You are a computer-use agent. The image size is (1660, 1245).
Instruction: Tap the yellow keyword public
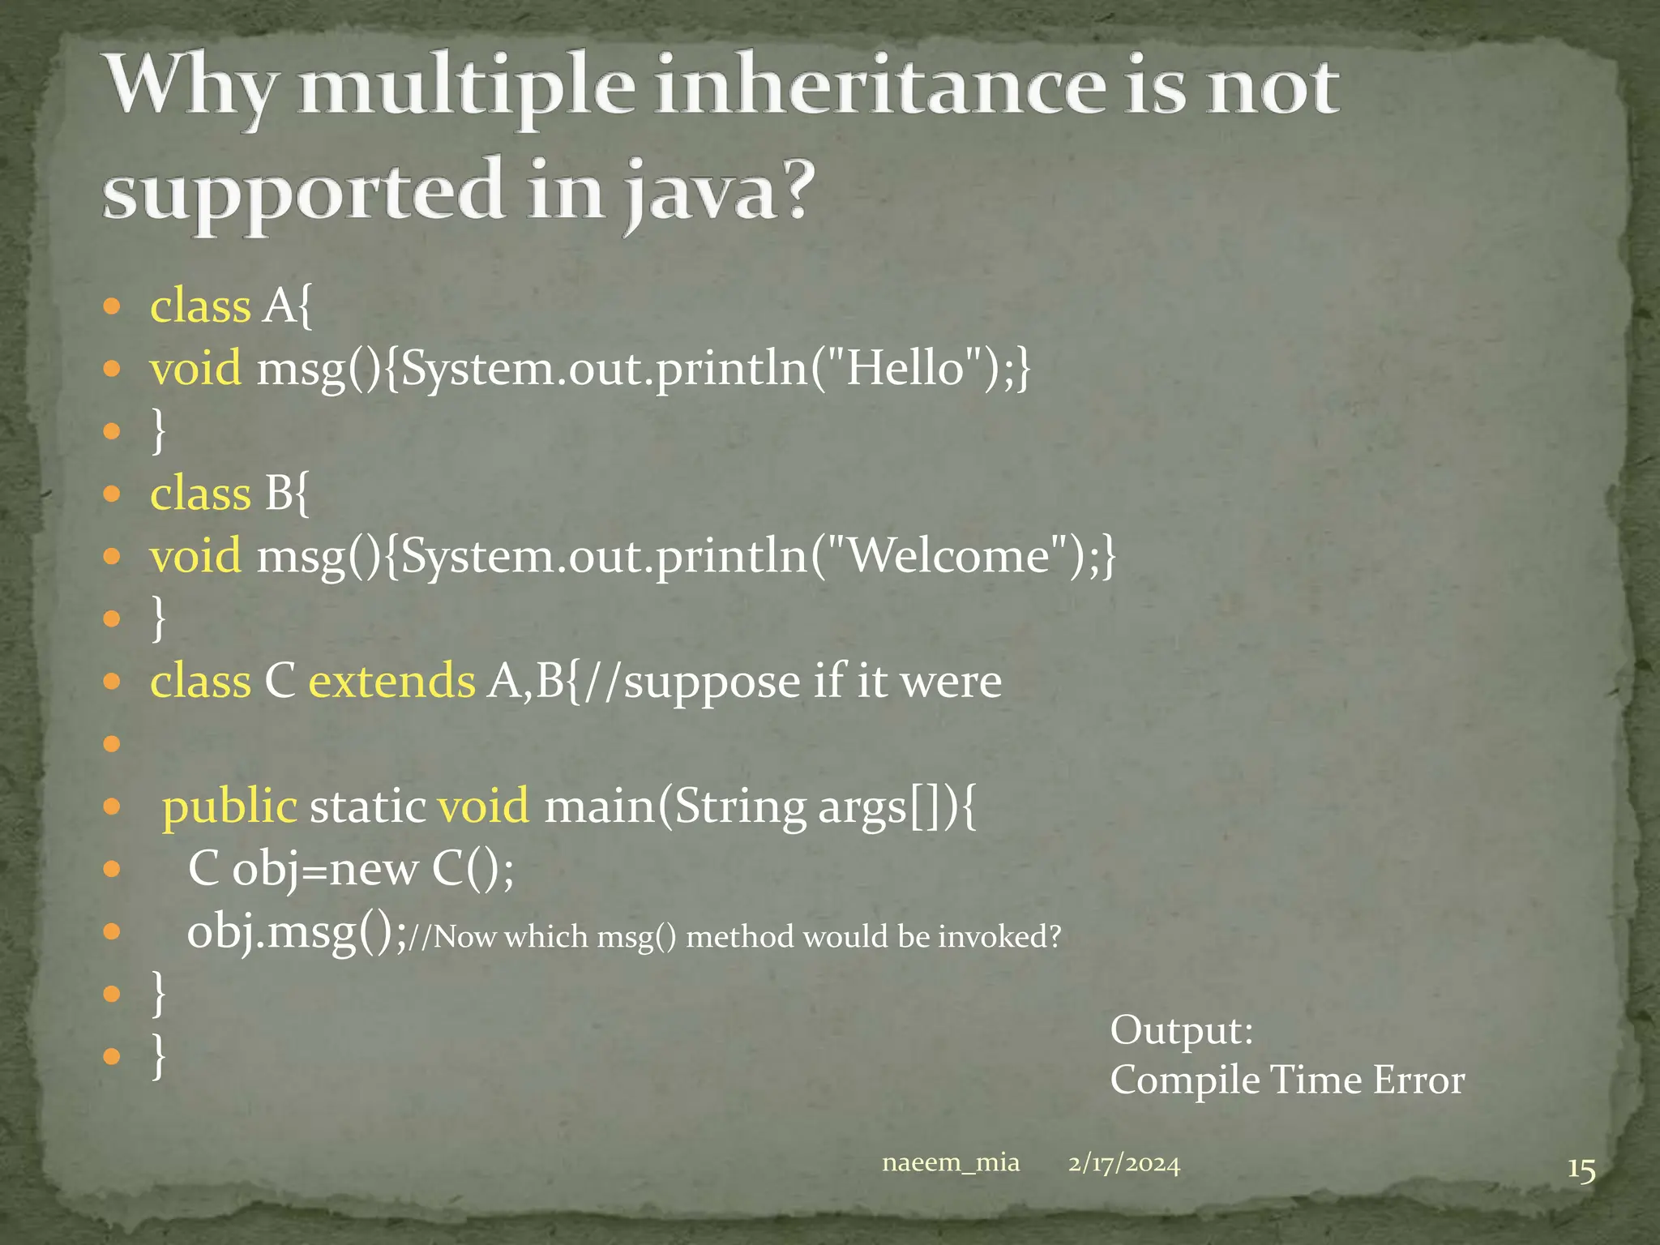coord(229,806)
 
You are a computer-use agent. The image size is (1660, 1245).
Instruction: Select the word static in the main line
coord(367,806)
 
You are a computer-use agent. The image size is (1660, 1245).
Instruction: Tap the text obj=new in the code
coord(325,870)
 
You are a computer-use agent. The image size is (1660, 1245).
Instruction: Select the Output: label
coord(1181,1030)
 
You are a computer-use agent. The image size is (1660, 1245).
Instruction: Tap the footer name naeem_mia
coord(950,1162)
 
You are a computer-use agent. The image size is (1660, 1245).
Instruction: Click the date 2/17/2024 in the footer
coord(1123,1163)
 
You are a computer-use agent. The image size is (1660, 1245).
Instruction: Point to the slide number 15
coord(1581,1170)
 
